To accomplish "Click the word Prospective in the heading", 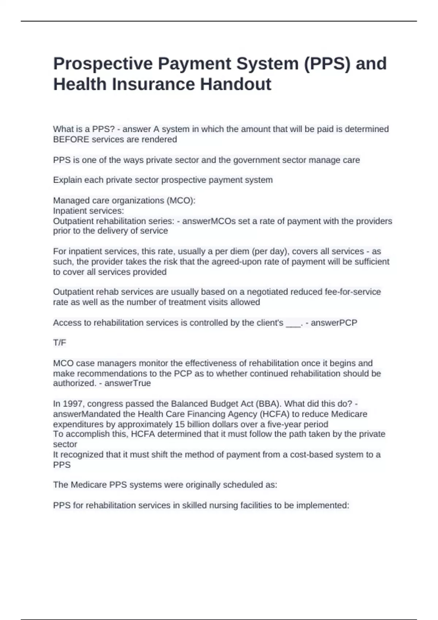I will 103,64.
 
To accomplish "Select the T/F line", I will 59,343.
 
